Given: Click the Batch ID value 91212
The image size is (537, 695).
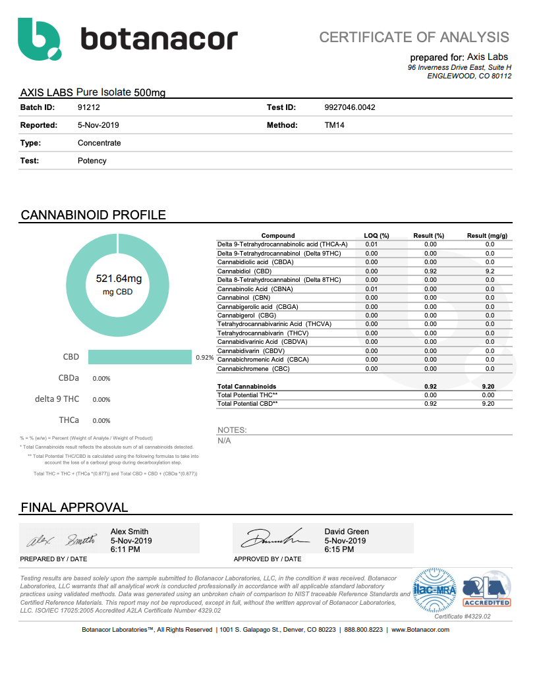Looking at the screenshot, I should [x=88, y=107].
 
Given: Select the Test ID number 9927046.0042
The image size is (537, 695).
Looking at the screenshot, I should [x=350, y=107].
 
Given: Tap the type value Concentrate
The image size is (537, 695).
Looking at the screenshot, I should [x=99, y=143].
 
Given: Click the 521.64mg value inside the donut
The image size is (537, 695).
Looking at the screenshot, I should [x=119, y=279].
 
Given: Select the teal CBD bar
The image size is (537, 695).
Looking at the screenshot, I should [x=140, y=357].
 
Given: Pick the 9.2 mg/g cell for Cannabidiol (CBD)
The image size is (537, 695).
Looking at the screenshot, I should [x=490, y=271].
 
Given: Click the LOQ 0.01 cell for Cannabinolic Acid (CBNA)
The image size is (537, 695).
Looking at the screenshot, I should [x=372, y=289].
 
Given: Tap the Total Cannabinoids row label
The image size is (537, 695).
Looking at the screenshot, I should [x=247, y=386].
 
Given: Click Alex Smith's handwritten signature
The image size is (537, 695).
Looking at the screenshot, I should [x=61, y=540].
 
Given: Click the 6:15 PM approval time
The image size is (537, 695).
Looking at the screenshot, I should [x=337, y=549].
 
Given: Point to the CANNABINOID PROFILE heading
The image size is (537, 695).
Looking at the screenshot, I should [x=94, y=215].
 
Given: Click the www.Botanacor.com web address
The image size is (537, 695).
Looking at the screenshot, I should [x=420, y=630].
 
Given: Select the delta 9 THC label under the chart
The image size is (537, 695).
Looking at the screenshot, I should [x=57, y=399].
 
